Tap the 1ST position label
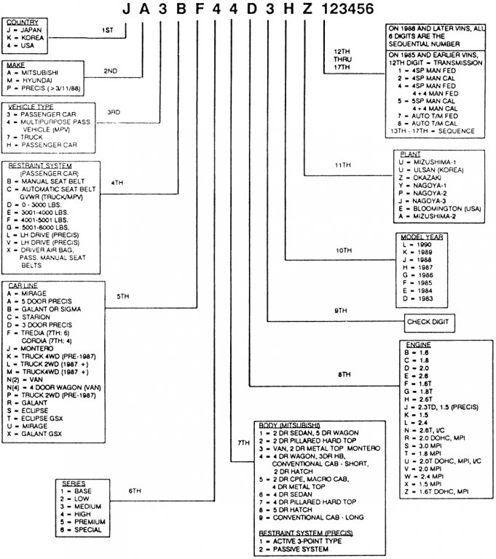108,29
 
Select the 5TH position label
123,296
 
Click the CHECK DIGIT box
430,321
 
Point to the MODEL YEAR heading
422,237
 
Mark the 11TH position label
342,165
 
